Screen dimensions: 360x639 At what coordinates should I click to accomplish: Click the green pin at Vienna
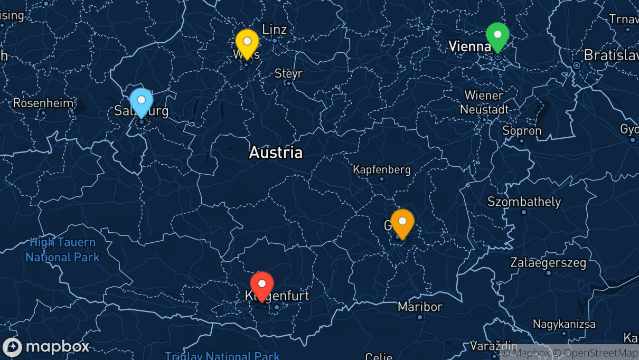497,35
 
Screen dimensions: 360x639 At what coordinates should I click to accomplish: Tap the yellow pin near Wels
247,42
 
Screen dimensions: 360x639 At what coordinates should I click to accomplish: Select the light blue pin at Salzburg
141,101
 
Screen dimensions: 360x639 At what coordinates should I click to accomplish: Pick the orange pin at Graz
402,222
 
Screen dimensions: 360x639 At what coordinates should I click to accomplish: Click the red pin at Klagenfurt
261,285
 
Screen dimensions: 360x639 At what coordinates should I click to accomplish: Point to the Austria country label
276,153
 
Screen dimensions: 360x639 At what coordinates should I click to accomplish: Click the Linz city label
275,29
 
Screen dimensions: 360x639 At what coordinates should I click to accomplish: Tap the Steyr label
288,73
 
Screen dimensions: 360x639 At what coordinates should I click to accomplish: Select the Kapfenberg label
382,170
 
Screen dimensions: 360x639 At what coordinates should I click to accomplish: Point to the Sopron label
522,130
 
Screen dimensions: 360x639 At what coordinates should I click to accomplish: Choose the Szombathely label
524,202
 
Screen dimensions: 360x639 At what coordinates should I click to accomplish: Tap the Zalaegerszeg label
548,262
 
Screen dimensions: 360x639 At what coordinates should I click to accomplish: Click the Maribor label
420,307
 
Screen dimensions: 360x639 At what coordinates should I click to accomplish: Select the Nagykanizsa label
564,324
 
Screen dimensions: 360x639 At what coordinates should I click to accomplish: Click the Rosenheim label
43,103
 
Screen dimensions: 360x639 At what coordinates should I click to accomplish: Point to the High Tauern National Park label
62,250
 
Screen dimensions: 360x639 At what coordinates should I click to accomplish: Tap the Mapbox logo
46,347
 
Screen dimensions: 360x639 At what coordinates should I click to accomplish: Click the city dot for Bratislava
577,65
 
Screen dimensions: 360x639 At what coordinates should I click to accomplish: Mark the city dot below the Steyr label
288,83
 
